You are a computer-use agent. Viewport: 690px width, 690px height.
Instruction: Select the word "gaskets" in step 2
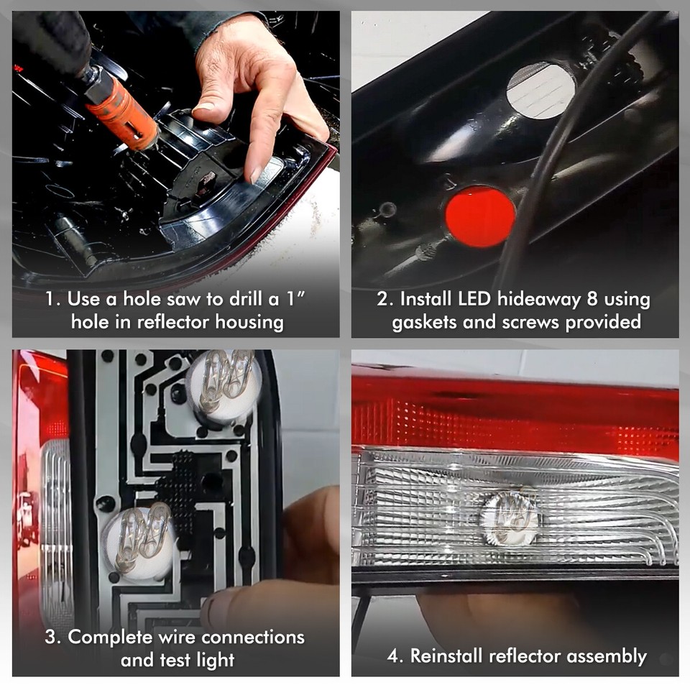click(425, 322)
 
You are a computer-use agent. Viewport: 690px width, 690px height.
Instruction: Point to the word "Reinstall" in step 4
click(446, 655)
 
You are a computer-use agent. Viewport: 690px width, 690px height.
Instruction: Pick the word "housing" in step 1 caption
click(246, 322)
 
